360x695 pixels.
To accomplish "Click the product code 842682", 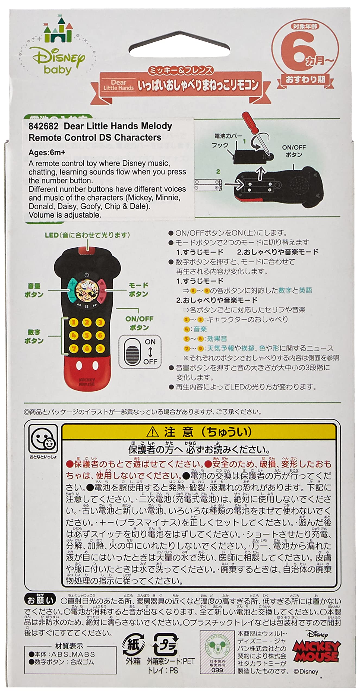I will pos(43,126).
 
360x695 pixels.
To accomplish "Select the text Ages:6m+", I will pos(47,153).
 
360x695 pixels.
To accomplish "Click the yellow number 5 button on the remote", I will pos(87,336).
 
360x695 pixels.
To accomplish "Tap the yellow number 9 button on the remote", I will pos(100,348).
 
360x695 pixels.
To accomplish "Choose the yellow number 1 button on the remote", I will pos(74,323).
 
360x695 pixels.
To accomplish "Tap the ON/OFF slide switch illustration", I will pos(133,352).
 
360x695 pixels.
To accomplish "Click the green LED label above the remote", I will pos(87,235).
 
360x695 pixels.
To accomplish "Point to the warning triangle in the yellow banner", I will pos(153,432).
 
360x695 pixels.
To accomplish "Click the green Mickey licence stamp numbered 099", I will pos(217,652).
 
